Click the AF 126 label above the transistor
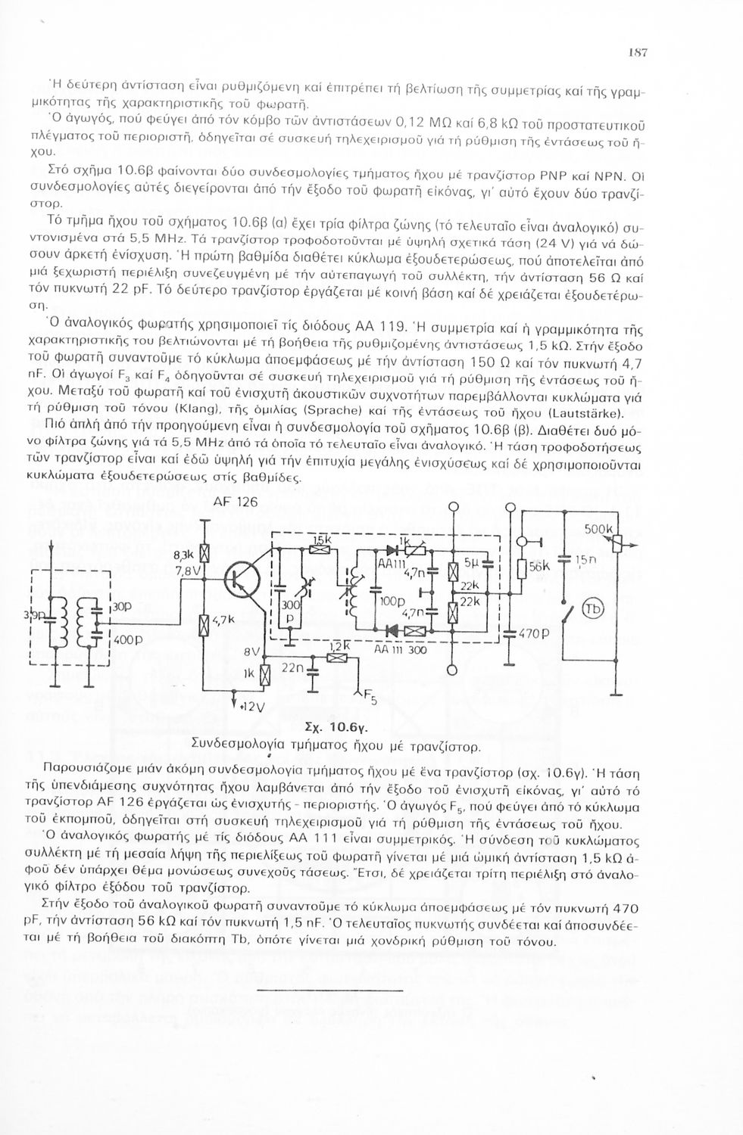(236, 502)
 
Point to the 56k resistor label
(539, 566)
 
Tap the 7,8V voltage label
(186, 571)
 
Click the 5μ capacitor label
(471, 564)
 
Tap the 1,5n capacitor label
(585, 561)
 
